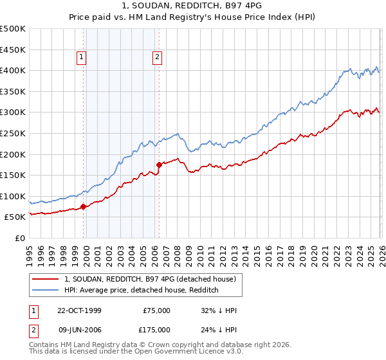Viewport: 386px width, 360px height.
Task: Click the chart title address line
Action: point(193,6)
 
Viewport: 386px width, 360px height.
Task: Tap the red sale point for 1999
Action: point(84,207)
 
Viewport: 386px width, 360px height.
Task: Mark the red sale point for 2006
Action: point(159,165)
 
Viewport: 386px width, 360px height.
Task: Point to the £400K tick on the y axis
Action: point(13,71)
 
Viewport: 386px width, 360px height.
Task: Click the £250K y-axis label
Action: point(13,133)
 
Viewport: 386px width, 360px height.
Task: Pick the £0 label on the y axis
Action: point(20,238)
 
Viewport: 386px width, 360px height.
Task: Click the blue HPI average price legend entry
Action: point(142,291)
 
